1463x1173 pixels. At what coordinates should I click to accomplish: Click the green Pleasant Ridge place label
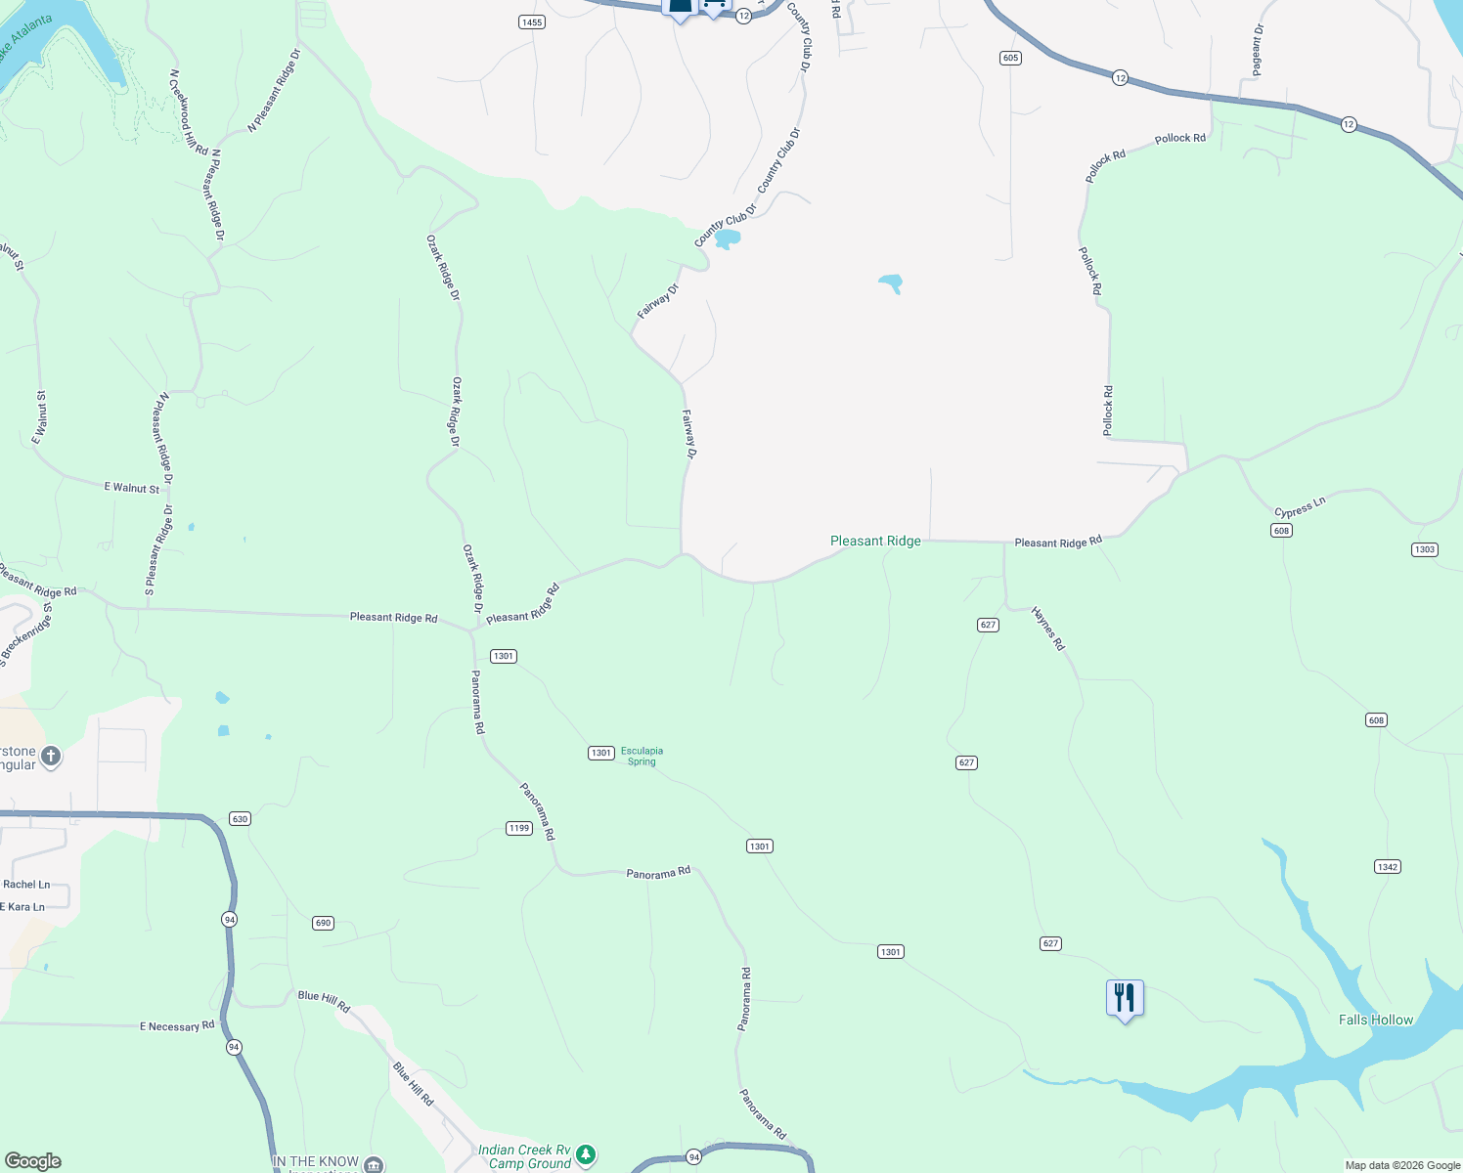coord(875,541)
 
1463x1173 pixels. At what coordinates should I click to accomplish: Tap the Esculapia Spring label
coord(642,756)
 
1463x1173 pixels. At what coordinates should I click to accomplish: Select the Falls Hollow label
coord(1375,1020)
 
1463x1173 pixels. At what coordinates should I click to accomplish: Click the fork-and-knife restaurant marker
coord(1125,998)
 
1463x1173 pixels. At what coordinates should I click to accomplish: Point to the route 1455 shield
coord(532,22)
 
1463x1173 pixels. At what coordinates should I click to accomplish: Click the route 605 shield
coord(1010,58)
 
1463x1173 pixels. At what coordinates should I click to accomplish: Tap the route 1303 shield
coord(1425,549)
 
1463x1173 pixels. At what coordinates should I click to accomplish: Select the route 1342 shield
coord(1387,866)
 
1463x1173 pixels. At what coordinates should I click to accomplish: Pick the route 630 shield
coord(240,818)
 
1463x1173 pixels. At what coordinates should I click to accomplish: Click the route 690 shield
coord(324,923)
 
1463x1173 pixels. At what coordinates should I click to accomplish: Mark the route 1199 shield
coord(519,828)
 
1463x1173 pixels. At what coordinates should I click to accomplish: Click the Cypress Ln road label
coord(1300,507)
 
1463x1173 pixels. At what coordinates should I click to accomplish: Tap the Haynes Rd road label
coord(1048,629)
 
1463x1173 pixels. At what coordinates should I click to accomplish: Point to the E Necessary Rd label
coord(177,1026)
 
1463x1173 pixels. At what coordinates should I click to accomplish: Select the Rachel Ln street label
coord(26,885)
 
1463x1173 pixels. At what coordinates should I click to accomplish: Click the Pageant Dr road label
coord(1258,50)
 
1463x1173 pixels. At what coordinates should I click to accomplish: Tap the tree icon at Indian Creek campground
coord(586,1155)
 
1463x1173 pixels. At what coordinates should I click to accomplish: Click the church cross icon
coord(51,756)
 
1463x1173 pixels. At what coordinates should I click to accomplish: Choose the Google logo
coord(32,1161)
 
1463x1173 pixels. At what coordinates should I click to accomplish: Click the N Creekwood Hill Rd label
coord(189,111)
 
